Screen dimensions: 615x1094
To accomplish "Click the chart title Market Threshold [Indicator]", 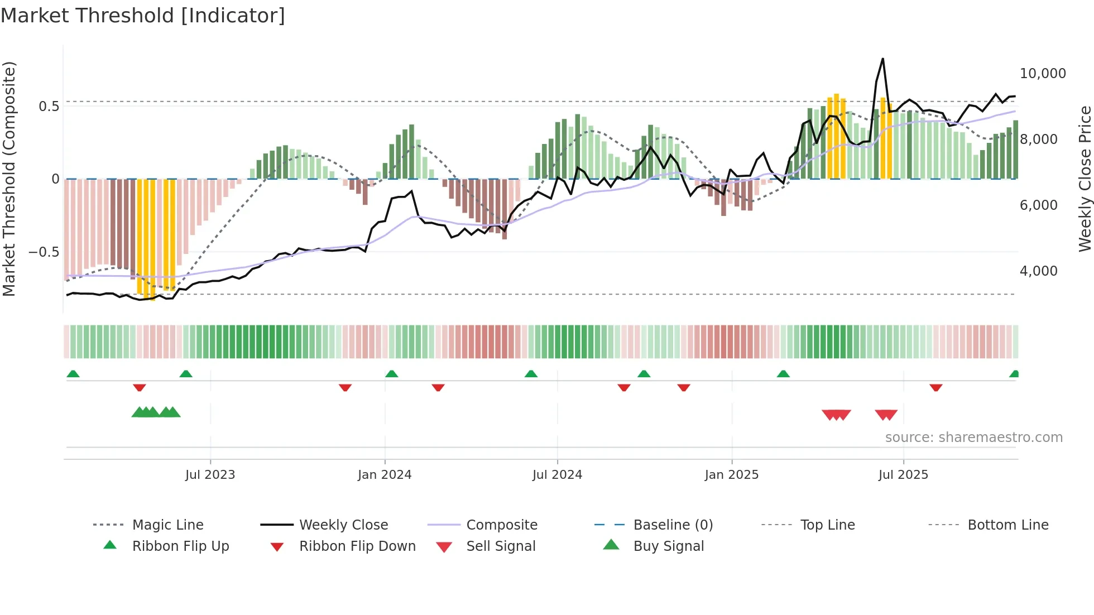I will click(143, 16).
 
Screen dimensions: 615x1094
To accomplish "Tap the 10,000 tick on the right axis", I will click(1042, 74).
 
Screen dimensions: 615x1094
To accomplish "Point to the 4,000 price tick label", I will click(1038, 271).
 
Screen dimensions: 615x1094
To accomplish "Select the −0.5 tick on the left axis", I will click(44, 252).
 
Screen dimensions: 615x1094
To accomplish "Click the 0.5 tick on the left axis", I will click(49, 107).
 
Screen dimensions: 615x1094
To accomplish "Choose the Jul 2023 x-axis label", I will click(210, 475).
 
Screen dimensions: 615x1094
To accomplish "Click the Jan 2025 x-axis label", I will click(731, 475).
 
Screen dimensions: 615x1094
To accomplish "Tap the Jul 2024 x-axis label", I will click(557, 475).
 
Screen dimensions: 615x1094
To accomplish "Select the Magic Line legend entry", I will click(167, 525).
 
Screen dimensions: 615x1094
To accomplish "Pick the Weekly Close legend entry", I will click(343, 525).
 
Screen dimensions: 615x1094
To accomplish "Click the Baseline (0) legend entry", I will click(673, 525).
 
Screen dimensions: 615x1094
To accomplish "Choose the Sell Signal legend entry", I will click(501, 546).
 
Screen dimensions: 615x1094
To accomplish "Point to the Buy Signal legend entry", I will click(668, 546).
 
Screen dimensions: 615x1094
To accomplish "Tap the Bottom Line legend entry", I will click(1007, 525).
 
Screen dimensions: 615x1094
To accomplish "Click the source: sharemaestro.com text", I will click(973, 438).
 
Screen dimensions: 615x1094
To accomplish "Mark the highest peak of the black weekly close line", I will click(882, 59).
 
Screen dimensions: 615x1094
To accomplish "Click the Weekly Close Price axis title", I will click(1084, 179).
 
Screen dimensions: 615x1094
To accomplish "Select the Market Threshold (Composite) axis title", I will click(9, 179).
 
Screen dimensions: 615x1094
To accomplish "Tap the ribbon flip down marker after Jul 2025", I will click(936, 387).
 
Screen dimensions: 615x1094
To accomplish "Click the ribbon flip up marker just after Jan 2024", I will click(391, 374).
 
